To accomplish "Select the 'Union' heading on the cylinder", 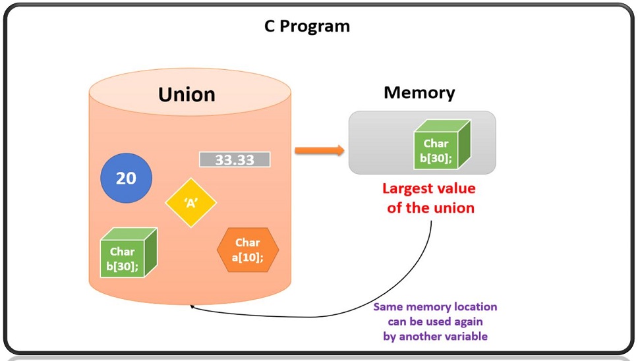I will coord(187,94).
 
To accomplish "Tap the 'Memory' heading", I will coord(419,92).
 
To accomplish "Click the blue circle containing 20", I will coord(126,179).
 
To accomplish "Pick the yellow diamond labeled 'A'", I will coord(191,203).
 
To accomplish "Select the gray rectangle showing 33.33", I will coord(235,159).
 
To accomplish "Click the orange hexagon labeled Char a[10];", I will coord(248,250).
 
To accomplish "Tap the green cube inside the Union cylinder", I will coord(128,253).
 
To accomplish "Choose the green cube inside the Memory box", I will coord(441,145).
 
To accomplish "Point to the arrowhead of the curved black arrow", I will coord(192,306).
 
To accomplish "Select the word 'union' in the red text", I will coord(453,208).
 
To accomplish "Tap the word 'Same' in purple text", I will coord(388,307).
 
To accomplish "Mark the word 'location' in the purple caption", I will coord(473,307).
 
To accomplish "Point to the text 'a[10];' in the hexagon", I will coord(248,258).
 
